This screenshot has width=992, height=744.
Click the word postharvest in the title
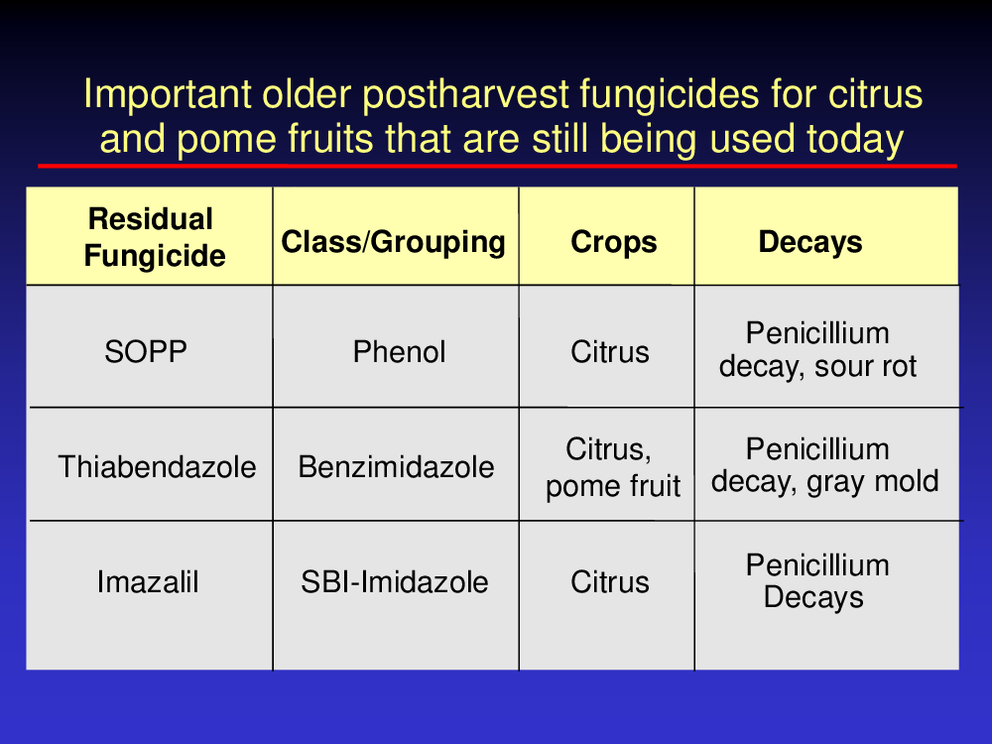click(x=465, y=95)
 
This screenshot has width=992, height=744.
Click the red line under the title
click(x=497, y=166)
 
